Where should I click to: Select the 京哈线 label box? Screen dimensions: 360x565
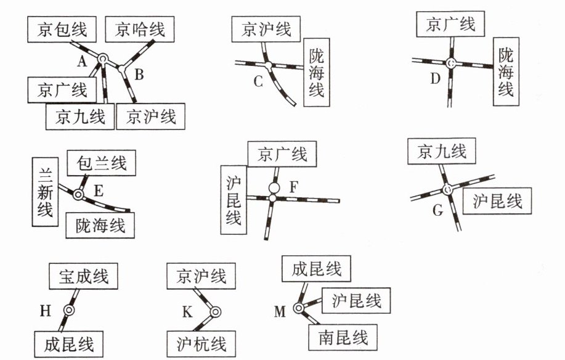coord(139,28)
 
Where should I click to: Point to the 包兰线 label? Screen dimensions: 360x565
coord(101,163)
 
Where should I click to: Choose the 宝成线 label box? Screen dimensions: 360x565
coord(84,276)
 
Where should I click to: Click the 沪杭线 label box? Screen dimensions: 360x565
coord(198,343)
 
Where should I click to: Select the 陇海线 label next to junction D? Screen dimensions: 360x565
coord(506,72)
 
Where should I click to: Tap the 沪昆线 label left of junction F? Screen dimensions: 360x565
coord(233,198)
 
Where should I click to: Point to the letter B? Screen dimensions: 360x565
coord(139,75)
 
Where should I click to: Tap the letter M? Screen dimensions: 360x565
coord(280,312)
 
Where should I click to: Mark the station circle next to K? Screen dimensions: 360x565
coord(214,312)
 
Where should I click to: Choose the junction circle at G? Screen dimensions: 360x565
coord(447,190)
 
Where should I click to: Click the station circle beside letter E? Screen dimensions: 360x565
coord(78,195)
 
